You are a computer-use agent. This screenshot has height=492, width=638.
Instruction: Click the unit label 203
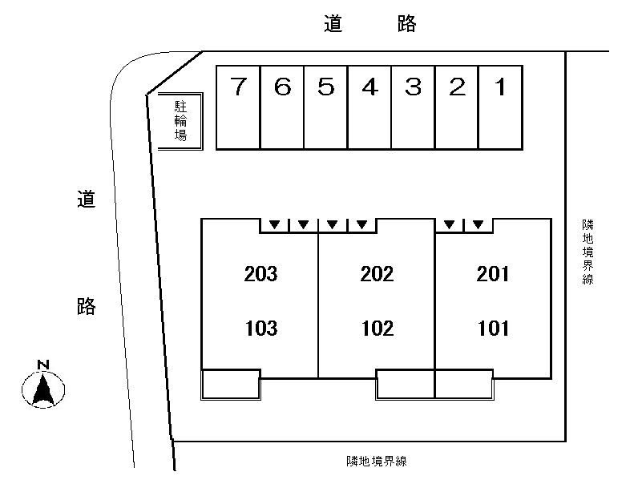point(260,275)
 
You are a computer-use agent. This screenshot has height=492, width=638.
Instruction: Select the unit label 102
point(377,329)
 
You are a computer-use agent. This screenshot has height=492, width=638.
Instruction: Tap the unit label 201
point(493,275)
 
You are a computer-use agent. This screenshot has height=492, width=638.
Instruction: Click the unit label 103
point(260,329)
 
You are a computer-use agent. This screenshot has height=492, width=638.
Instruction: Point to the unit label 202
point(377,275)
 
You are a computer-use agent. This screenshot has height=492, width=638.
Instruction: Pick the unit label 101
point(493,329)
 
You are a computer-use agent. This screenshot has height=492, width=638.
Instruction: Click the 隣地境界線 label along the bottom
point(377,461)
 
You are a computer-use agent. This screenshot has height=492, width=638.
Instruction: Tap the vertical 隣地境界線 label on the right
point(588,252)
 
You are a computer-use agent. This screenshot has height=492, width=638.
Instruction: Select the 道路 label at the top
point(370,25)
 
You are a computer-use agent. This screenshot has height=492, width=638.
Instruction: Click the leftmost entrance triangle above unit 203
point(275,224)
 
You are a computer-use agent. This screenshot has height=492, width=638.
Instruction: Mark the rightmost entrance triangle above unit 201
point(478,224)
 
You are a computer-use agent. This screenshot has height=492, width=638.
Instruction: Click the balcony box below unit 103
point(230,384)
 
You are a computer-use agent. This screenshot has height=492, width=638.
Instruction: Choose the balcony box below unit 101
point(463,384)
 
